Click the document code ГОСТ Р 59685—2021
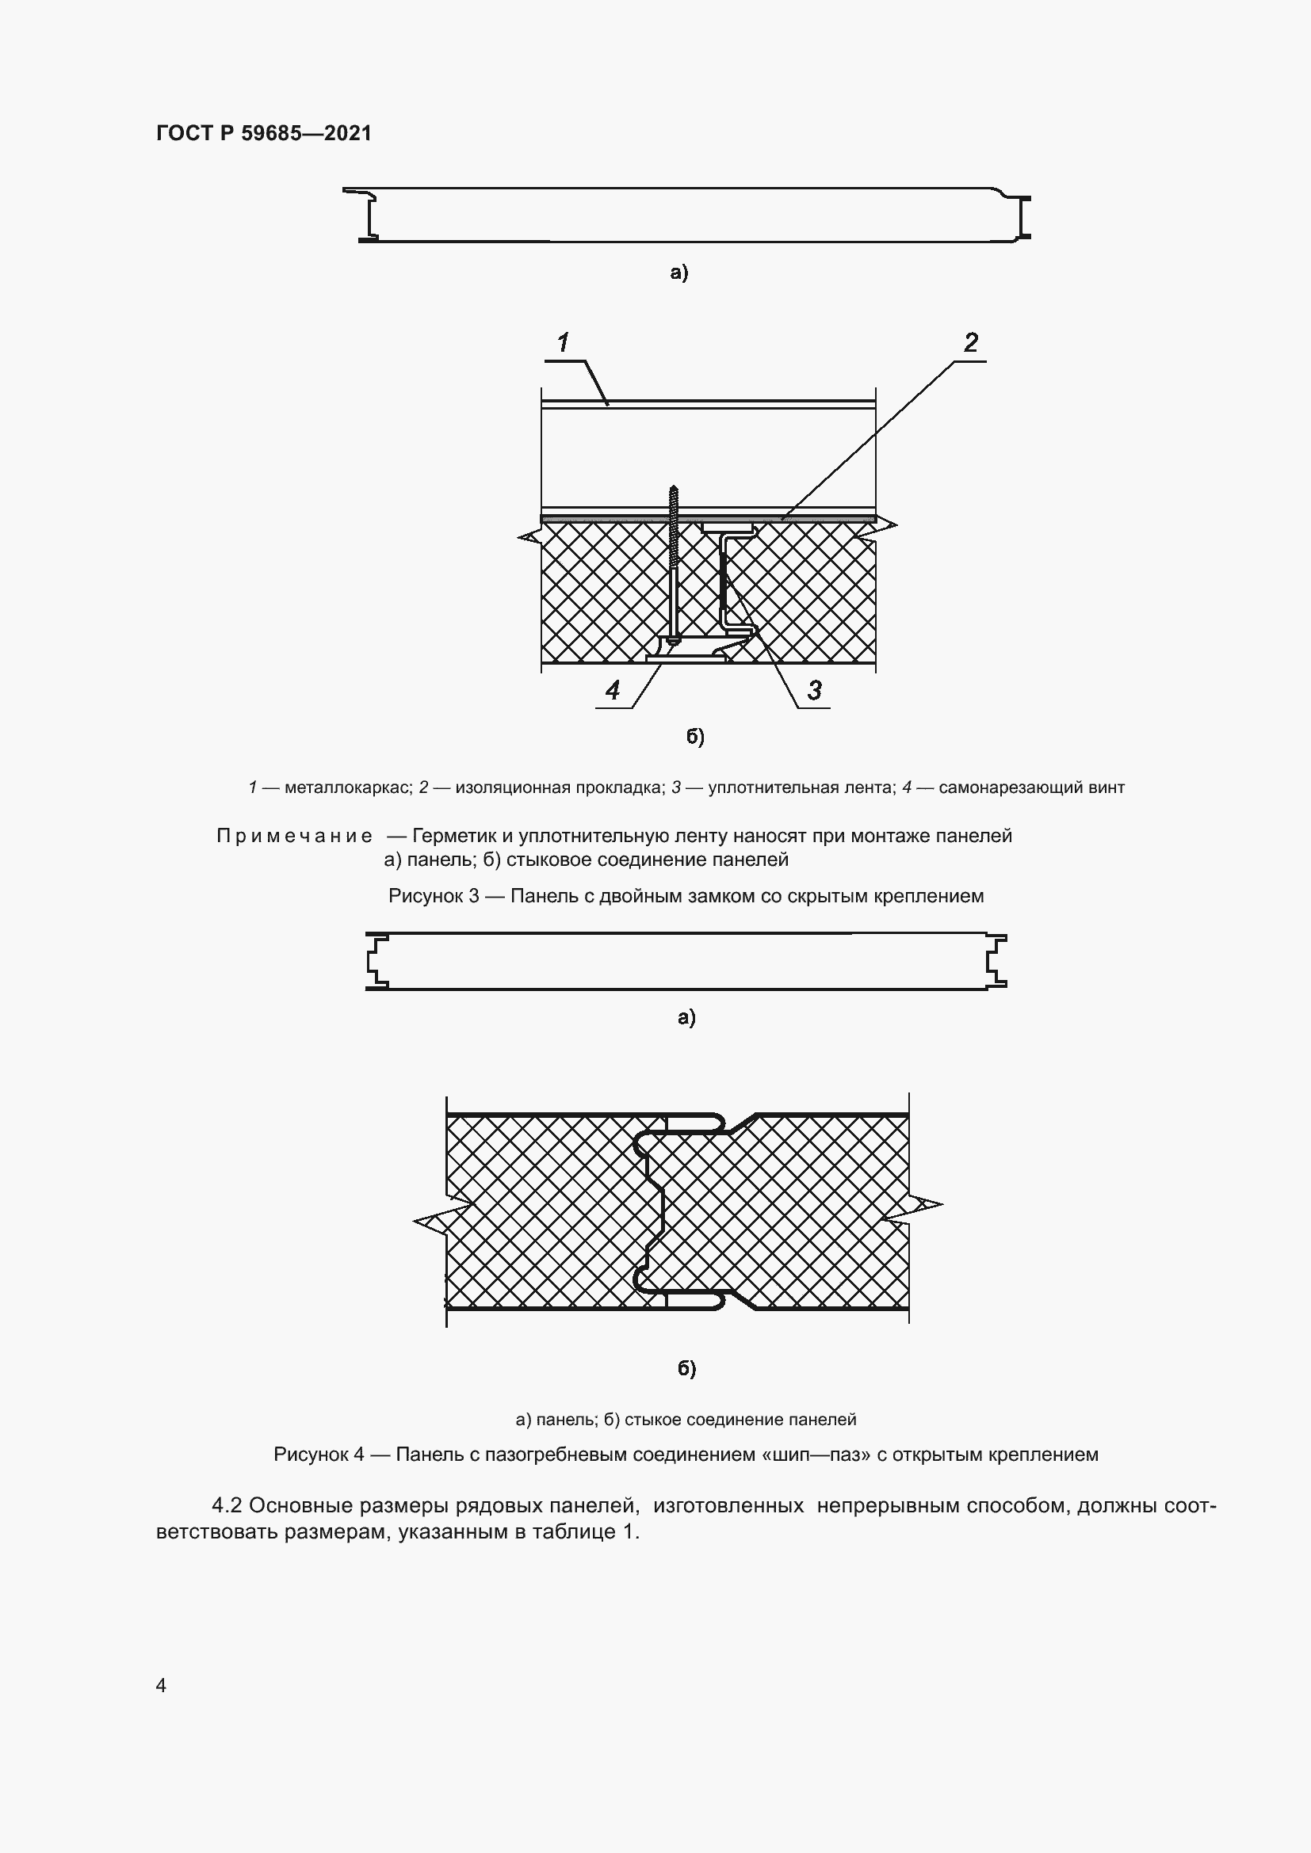coord(264,133)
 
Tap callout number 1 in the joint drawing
coord(563,342)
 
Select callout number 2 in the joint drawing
coord(970,342)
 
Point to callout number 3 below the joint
coord(815,690)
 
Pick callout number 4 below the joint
coord(613,690)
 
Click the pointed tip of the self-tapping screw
coord(672,487)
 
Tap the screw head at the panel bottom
coord(672,640)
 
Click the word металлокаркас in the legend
coord(348,787)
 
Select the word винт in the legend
coord(1106,787)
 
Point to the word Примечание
coord(295,836)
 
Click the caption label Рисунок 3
coord(434,896)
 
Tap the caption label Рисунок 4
coord(319,1455)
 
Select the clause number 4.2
coord(227,1506)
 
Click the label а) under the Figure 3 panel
coord(679,273)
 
